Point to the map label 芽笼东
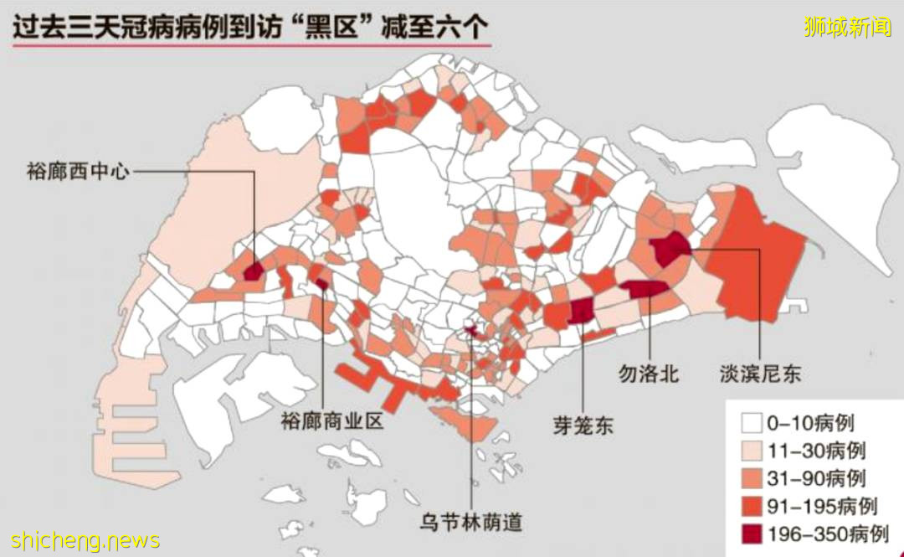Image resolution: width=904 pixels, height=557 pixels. pos(583,425)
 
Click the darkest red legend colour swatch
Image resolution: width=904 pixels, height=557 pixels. pos(752,534)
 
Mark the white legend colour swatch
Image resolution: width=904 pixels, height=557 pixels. pos(752,423)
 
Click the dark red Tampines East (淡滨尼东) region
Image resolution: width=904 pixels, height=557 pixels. pos(670,249)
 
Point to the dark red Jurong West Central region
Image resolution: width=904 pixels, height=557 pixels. pos(253,271)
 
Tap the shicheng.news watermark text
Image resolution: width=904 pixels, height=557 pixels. pos(80,540)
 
